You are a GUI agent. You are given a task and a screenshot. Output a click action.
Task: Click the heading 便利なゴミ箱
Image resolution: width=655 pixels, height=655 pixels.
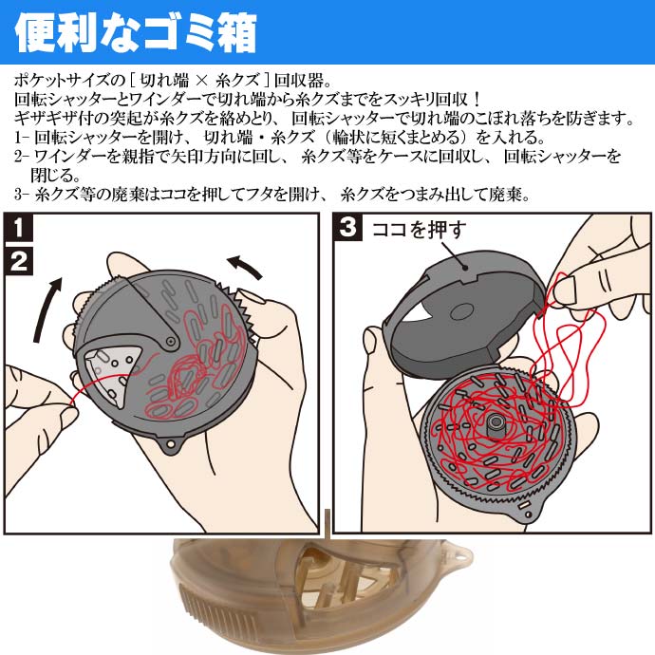click(136, 33)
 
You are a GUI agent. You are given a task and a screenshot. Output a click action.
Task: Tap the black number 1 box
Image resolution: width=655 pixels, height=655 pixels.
click(18, 228)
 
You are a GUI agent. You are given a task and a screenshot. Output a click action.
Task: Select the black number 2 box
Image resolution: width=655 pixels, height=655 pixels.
click(18, 261)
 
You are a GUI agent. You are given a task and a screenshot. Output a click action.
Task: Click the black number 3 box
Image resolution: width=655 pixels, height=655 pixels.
click(347, 228)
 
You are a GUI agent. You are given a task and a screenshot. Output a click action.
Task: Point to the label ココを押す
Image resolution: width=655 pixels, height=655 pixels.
click(419, 229)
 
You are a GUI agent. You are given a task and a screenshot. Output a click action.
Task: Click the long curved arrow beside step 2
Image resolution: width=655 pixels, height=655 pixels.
click(46, 309)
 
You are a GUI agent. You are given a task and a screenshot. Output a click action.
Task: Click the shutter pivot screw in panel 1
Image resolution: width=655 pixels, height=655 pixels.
click(171, 342)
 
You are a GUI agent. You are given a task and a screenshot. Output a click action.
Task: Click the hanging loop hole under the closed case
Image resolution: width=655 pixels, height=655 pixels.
click(171, 444)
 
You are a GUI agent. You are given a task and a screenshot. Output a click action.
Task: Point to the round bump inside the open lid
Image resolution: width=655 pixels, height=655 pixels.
click(461, 311)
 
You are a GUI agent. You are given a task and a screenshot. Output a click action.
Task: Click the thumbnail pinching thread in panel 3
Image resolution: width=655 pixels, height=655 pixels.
click(566, 290)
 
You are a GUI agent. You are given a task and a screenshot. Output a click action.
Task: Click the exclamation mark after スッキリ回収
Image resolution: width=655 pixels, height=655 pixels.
click(477, 100)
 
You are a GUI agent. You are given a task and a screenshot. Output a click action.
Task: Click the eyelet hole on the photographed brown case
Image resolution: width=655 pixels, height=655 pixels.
click(460, 557)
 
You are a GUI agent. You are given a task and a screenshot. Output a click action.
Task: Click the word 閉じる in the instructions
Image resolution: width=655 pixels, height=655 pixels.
click(55, 175)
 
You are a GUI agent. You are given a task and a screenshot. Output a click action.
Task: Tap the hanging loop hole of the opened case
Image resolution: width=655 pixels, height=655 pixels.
click(529, 515)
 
